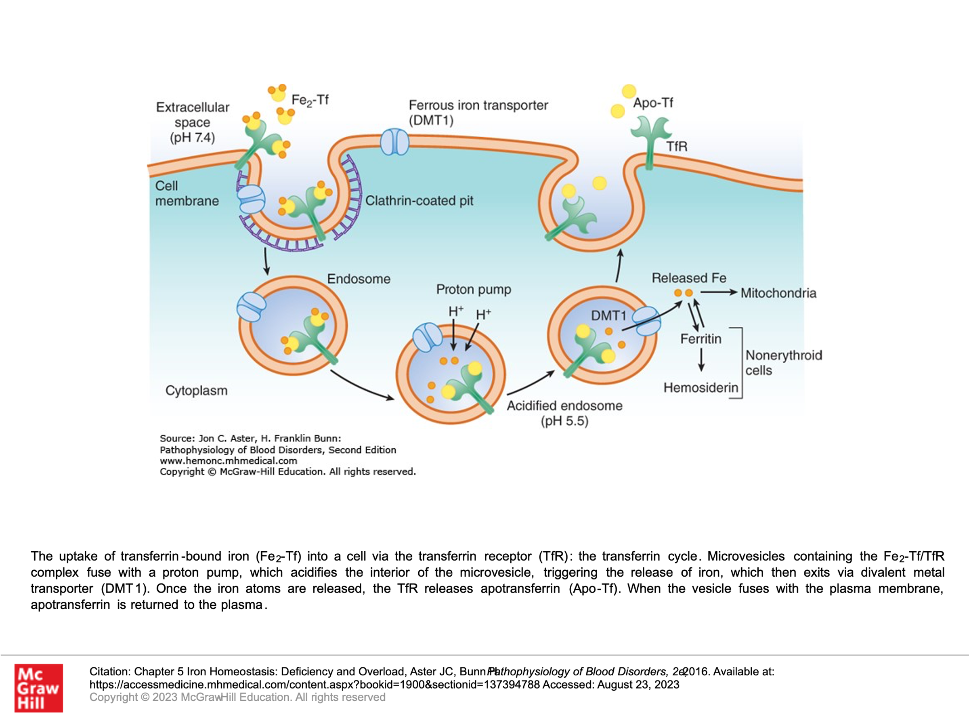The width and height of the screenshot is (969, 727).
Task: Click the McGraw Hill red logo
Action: tap(38, 687)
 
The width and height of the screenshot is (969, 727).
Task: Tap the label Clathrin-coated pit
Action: tap(419, 201)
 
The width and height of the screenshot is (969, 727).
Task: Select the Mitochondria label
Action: tap(778, 293)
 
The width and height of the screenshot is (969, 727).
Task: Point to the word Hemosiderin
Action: tap(701, 387)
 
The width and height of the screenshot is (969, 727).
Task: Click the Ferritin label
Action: tap(701, 339)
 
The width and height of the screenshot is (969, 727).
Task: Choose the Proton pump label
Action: tap(474, 289)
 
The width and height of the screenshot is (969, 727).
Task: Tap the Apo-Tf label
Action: tap(653, 103)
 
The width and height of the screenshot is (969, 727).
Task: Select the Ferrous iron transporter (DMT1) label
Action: tap(478, 112)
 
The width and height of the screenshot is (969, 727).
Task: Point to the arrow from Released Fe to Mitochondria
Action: tap(719, 292)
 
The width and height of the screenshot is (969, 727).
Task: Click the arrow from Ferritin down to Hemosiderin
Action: tap(701, 359)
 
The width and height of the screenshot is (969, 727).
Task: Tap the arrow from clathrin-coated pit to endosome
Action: tap(266, 262)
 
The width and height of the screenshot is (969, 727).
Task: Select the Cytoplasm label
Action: tap(196, 391)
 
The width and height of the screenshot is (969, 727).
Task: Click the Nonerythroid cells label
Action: tap(783, 362)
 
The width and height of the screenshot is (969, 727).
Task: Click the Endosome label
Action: tap(359, 279)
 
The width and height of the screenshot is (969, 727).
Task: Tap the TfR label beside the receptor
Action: tap(676, 146)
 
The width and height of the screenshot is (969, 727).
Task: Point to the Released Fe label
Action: tap(689, 278)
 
